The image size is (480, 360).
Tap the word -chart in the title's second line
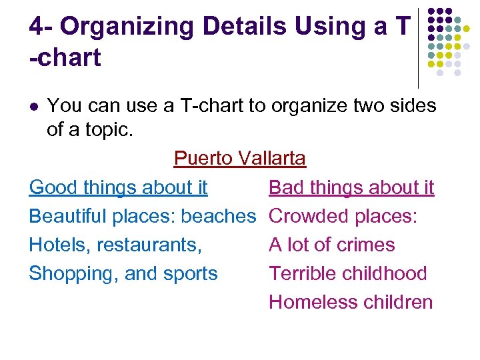tap(65, 58)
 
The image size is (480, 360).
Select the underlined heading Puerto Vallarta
tap(239, 159)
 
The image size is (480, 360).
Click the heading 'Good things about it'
tap(119, 187)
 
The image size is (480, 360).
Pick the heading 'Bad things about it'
tap(351, 187)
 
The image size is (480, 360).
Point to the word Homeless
tap(305, 302)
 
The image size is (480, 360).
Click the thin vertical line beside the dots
tap(418, 47)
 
